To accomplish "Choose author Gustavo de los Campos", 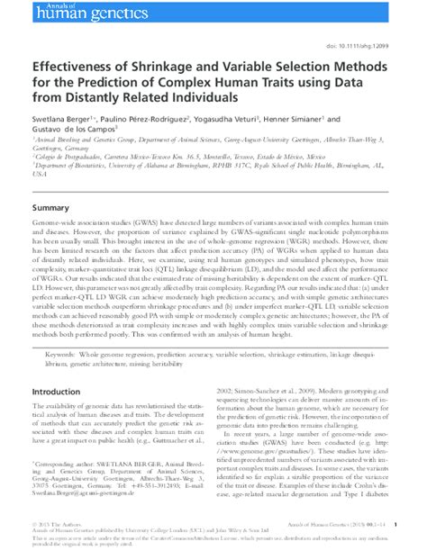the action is pyautogui.click(x=72, y=130).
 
